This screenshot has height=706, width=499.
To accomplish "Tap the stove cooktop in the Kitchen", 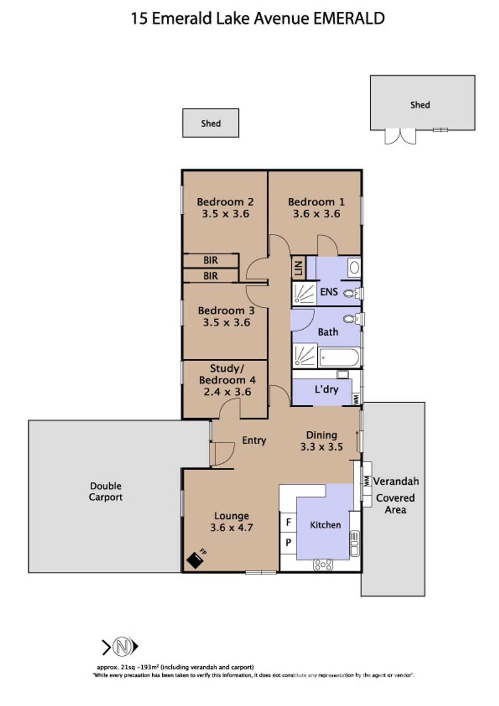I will (323, 564).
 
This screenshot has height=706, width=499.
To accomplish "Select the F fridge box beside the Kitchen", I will (288, 522).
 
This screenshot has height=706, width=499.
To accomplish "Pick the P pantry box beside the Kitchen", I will (288, 543).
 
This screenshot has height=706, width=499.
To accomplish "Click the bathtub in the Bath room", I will (339, 357).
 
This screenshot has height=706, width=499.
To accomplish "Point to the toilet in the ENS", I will (351, 294).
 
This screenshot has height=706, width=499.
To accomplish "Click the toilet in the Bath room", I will (351, 319).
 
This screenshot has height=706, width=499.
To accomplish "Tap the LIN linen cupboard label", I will (298, 268).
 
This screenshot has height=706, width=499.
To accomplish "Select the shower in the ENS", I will (304, 294).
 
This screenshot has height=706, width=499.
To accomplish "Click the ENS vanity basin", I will (354, 267).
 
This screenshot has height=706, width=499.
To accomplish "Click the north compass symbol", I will (122, 647).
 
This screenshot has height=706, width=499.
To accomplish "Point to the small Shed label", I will (211, 123).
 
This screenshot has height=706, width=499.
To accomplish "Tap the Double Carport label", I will (106, 491).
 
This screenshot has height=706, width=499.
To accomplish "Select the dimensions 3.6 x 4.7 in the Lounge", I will (232, 528).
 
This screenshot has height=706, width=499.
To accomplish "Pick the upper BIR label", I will (210, 260).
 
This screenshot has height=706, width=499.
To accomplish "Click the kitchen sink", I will (354, 543).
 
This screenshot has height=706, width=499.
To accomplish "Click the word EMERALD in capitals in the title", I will (348, 19).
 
